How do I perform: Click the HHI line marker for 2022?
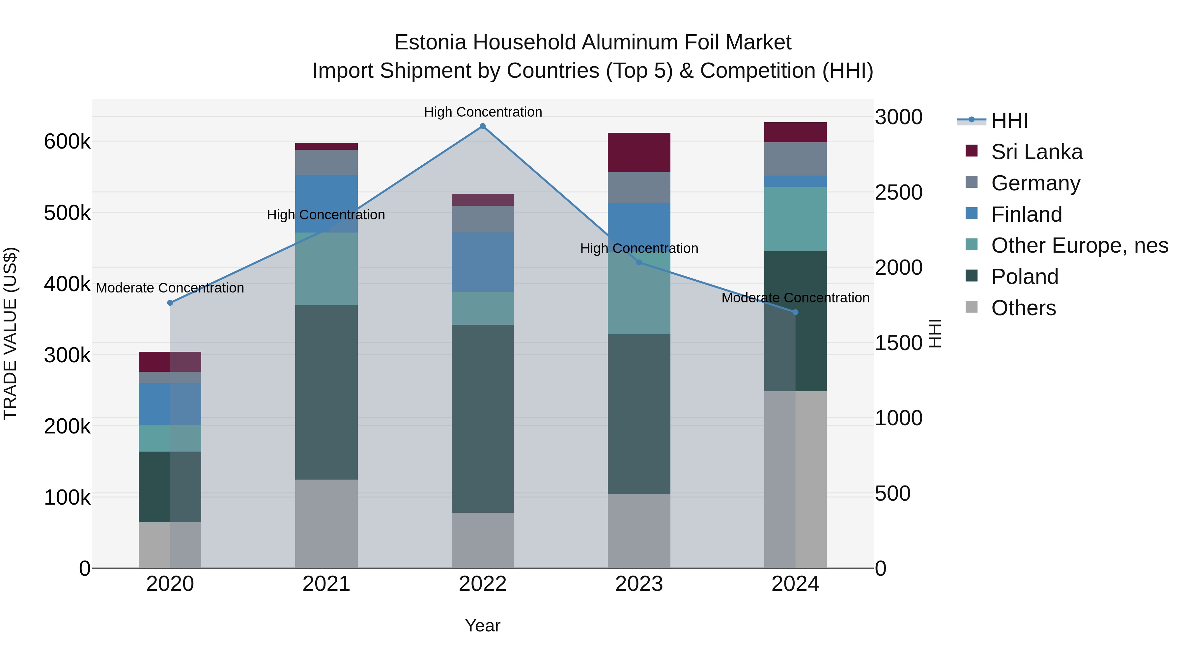click(483, 126)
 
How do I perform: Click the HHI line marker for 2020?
click(170, 303)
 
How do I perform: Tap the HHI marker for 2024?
click(795, 312)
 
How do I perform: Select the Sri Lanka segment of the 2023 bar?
click(638, 153)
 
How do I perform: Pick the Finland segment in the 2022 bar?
click(483, 262)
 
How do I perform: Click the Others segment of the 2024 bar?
click(795, 480)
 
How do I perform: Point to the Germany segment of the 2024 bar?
click(795, 159)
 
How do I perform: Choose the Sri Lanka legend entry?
click(1036, 152)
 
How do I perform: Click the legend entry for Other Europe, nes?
click(1079, 245)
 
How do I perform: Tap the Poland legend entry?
click(1024, 277)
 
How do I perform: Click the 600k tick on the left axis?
click(67, 141)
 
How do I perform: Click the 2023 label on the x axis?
click(638, 584)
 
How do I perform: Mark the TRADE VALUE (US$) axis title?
click(10, 333)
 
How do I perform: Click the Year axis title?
click(483, 625)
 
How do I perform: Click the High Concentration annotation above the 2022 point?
click(483, 112)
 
